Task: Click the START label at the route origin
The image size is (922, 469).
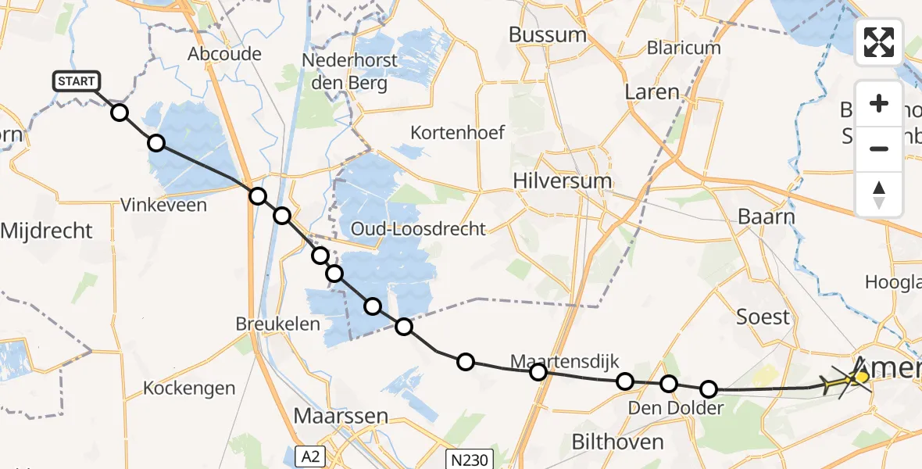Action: pos(76,81)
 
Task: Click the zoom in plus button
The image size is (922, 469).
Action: pos(879,104)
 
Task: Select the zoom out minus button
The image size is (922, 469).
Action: pos(879,149)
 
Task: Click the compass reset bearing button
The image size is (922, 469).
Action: pos(879,194)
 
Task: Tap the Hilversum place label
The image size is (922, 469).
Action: pos(562,181)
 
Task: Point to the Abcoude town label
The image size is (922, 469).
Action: pos(213,54)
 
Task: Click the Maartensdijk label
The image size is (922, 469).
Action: pos(564,361)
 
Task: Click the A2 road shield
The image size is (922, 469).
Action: pos(310,456)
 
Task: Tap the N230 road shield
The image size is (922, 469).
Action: pos(469,459)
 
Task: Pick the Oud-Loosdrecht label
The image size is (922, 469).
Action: pos(418,229)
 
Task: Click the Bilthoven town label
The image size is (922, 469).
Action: pos(618,442)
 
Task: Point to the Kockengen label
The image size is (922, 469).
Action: pos(189,388)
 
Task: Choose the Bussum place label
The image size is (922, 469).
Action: pos(547,34)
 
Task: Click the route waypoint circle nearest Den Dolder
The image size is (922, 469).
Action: pos(669,383)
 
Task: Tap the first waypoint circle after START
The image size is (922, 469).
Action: pos(119,113)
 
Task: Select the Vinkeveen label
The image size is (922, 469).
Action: pos(163,206)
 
